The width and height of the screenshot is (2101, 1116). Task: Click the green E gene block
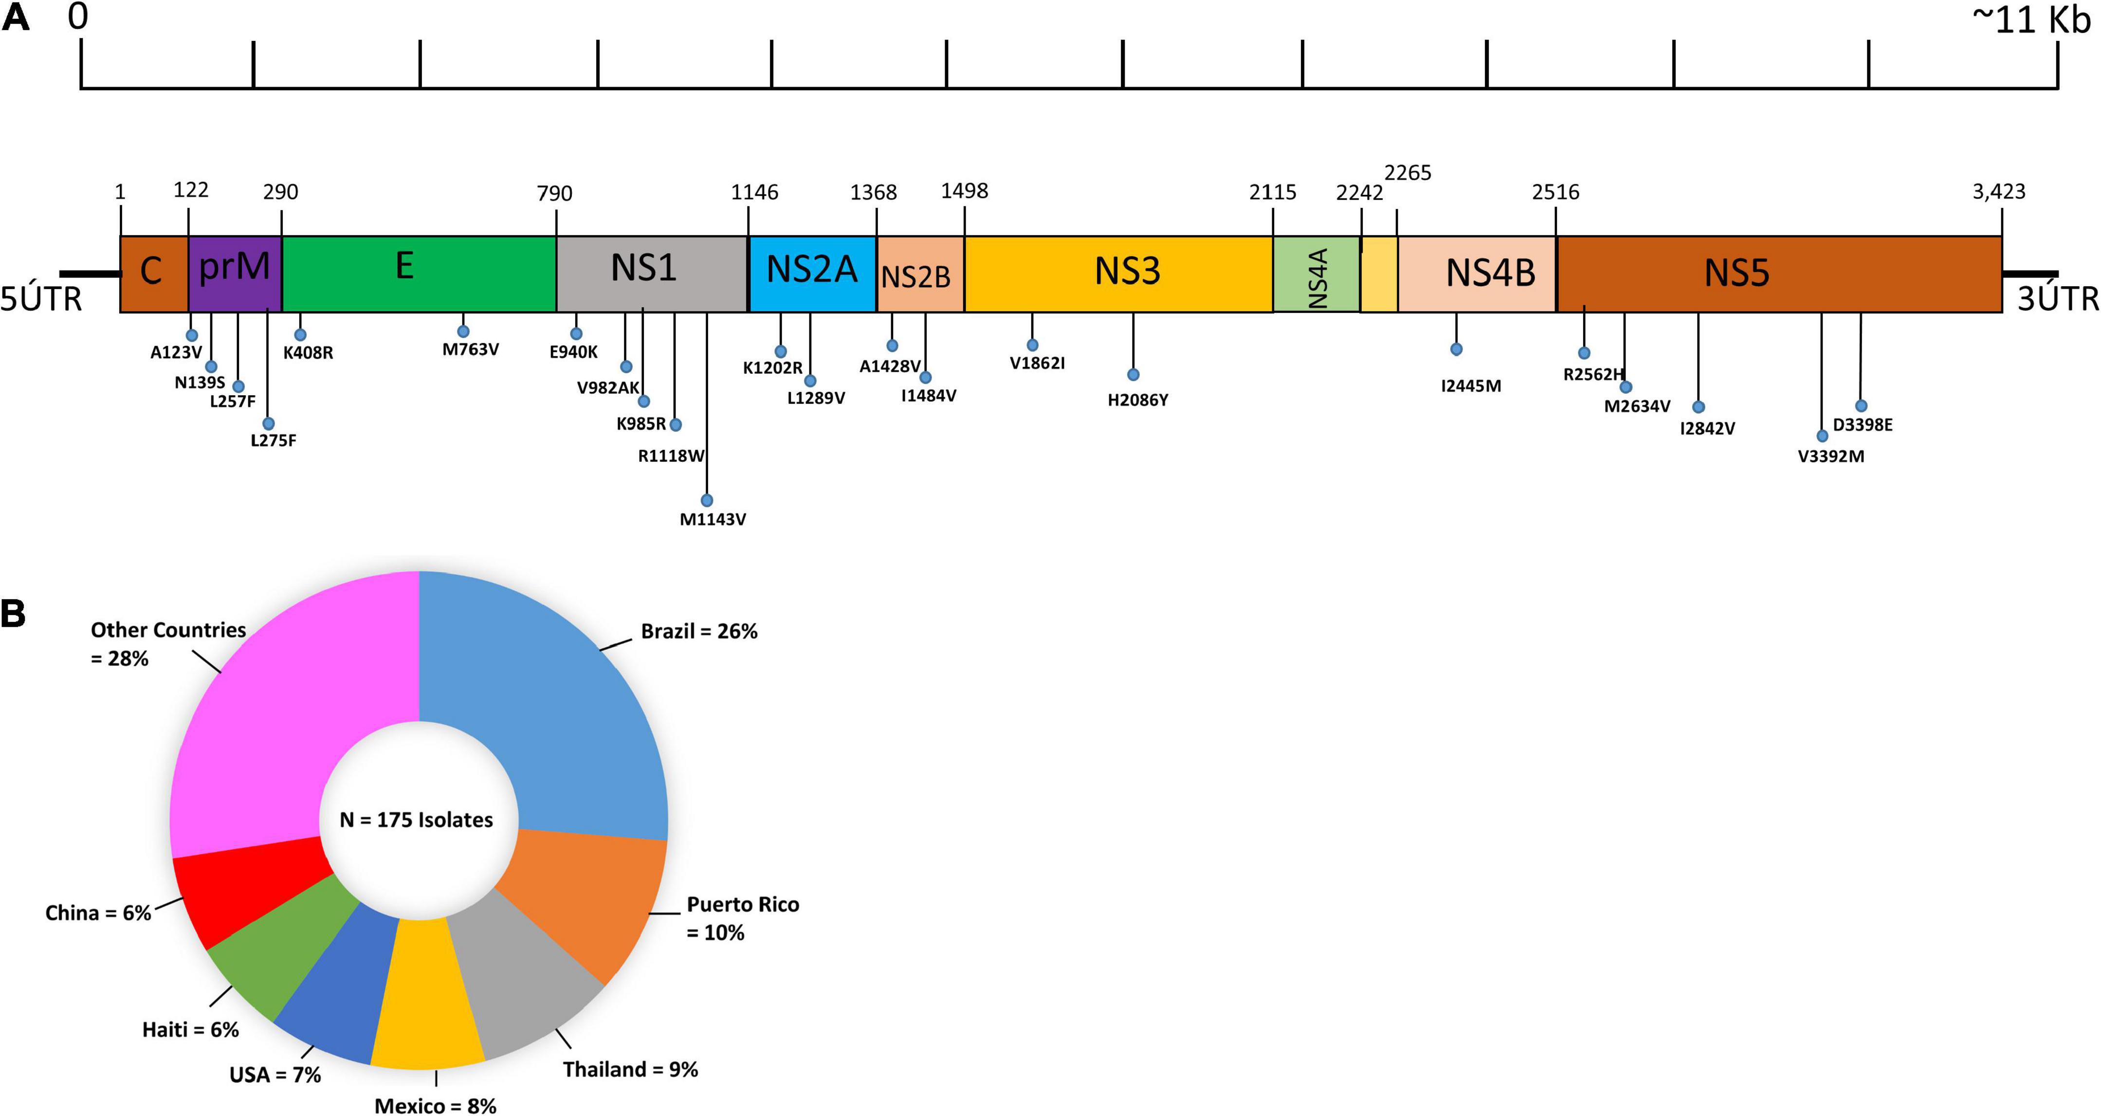(x=419, y=274)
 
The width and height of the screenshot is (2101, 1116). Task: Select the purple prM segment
(x=235, y=274)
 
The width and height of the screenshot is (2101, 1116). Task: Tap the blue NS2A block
(x=812, y=274)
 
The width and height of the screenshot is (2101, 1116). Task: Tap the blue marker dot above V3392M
(x=1822, y=437)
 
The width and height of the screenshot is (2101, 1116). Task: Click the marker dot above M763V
(x=463, y=331)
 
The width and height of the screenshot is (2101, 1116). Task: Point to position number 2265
(x=1408, y=173)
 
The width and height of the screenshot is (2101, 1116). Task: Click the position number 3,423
(x=1998, y=192)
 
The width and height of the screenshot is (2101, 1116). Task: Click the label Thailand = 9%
(x=630, y=1069)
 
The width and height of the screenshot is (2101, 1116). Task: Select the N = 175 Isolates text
(x=417, y=820)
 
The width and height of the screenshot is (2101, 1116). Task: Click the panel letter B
(x=14, y=613)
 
